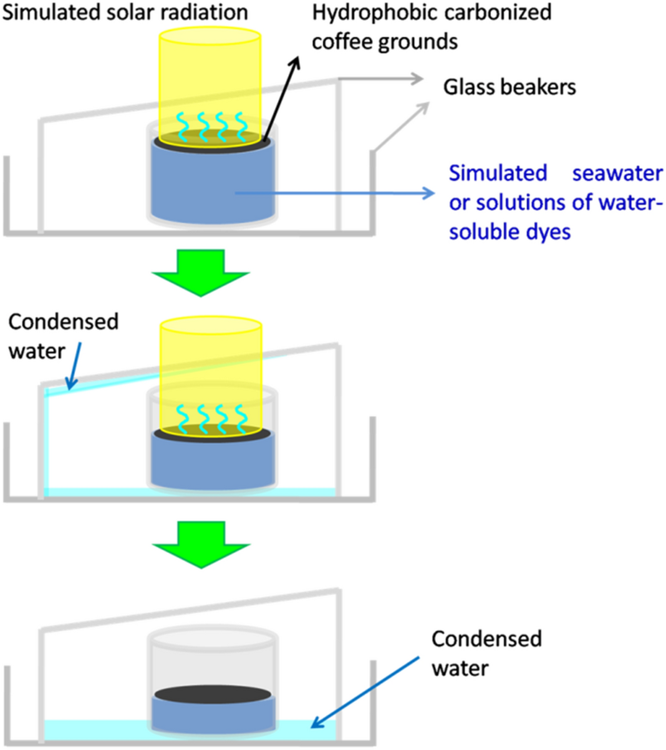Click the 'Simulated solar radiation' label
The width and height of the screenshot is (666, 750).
point(125,12)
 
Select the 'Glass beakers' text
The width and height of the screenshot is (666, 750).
point(509,87)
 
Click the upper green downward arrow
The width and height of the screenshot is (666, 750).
point(201,272)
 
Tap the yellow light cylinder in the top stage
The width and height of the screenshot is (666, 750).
point(210,75)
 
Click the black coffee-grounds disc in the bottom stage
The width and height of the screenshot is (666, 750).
point(213,694)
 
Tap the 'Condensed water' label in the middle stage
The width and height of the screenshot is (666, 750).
point(62,336)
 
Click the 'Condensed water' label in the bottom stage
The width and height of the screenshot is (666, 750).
point(486,653)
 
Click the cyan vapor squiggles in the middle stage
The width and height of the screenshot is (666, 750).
point(210,416)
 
